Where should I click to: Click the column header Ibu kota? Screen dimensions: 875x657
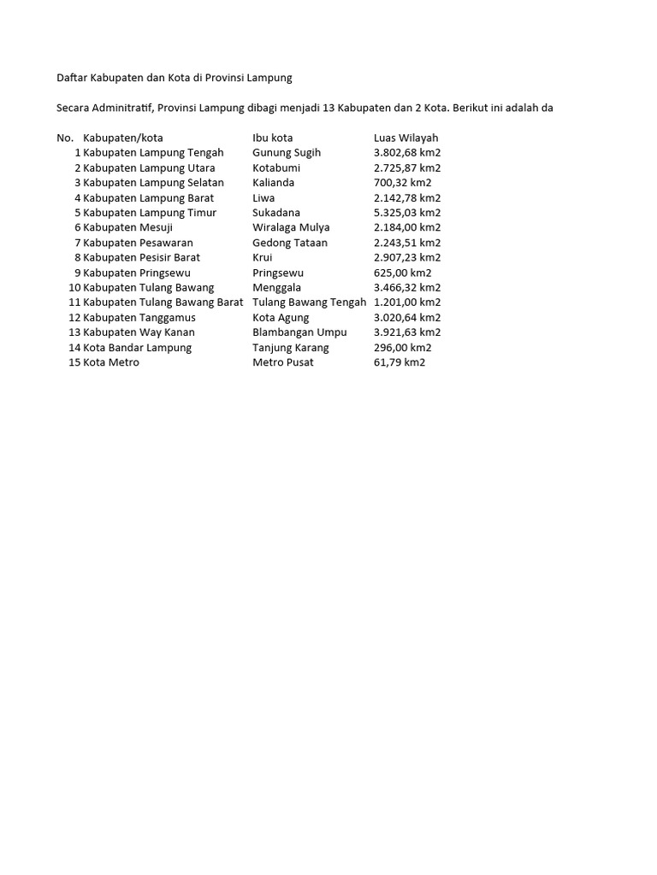pos(273,138)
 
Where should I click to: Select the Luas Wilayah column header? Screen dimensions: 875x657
pos(405,138)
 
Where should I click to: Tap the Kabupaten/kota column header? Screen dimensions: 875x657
pos(123,138)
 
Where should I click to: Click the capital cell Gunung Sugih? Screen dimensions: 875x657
pos(287,153)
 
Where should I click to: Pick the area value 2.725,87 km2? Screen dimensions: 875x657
pos(407,168)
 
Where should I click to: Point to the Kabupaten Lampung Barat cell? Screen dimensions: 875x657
pos(149,198)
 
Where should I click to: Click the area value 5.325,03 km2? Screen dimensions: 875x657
pos(407,213)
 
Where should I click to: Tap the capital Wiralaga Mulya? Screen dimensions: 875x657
pos(291,227)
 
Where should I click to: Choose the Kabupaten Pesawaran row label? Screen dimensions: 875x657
pos(139,243)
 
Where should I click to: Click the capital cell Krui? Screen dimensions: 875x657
pos(263,257)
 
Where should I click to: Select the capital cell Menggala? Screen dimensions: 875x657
pos(277,288)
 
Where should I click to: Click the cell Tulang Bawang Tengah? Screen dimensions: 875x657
pos(309,302)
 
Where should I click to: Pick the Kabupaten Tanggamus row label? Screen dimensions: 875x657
pos(139,318)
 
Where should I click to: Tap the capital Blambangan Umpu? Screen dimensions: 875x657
pos(299,332)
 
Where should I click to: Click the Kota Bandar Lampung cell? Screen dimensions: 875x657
pos(138,348)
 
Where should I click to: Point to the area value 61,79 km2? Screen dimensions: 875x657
pos(400,362)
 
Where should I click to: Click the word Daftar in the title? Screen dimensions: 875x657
pos(72,78)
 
